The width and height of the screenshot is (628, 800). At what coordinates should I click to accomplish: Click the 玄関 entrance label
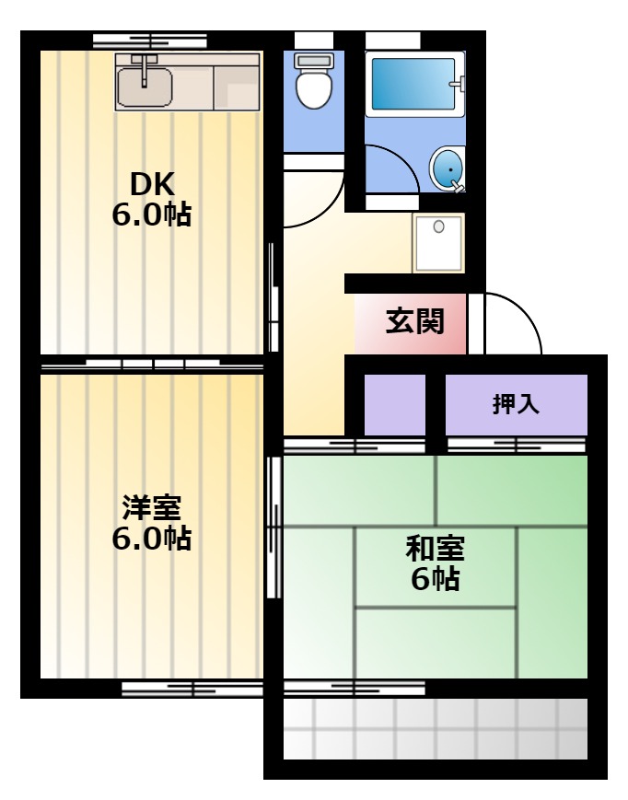pyautogui.click(x=414, y=321)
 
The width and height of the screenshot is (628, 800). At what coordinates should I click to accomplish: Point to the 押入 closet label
pyautogui.click(x=516, y=404)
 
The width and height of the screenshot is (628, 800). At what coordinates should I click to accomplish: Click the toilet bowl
pyautogui.click(x=314, y=87)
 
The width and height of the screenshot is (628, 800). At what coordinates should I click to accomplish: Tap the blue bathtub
pyautogui.click(x=413, y=84)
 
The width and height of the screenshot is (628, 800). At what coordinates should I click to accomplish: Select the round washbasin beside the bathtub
pyautogui.click(x=448, y=169)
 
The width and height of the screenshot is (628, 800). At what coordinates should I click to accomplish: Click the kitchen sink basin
pyautogui.click(x=145, y=87)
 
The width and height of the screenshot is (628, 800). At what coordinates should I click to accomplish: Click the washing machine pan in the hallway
pyautogui.click(x=438, y=243)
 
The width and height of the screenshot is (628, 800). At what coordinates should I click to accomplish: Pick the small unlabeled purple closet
pyautogui.click(x=395, y=405)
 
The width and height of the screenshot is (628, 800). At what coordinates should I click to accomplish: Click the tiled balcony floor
pyautogui.click(x=436, y=728)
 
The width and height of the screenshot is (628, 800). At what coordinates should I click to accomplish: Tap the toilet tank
pyautogui.click(x=314, y=61)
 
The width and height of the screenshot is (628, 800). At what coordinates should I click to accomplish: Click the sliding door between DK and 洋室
pyautogui.click(x=152, y=365)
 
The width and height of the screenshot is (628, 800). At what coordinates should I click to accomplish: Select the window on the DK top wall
pyautogui.click(x=150, y=41)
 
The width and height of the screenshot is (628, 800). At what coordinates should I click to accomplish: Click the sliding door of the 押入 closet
pyautogui.click(x=517, y=445)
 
